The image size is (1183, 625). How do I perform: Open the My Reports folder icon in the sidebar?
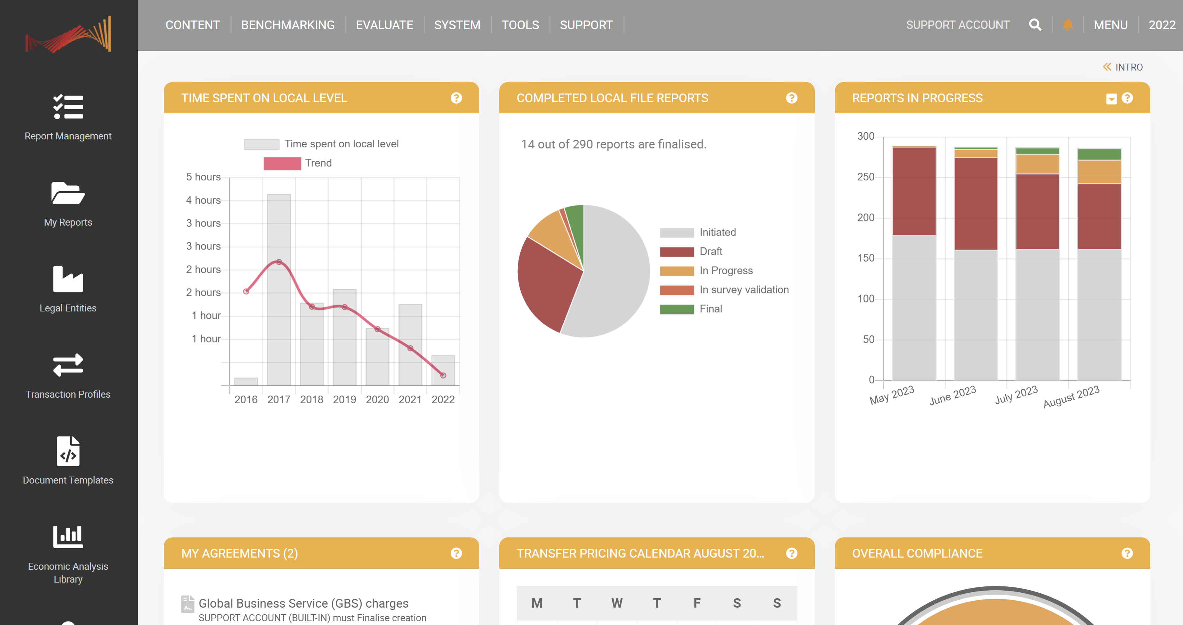(x=68, y=193)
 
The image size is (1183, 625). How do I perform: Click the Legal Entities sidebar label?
(x=68, y=308)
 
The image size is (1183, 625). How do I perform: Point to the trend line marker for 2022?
(x=443, y=375)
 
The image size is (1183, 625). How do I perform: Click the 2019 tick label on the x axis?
(x=344, y=399)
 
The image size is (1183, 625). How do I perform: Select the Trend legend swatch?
(x=282, y=163)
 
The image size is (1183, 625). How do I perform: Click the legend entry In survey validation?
(x=743, y=290)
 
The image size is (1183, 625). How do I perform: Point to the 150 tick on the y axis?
(x=865, y=258)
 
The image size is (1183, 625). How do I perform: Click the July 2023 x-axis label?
(x=1016, y=395)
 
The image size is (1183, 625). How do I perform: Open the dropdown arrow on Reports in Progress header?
(x=1111, y=99)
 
